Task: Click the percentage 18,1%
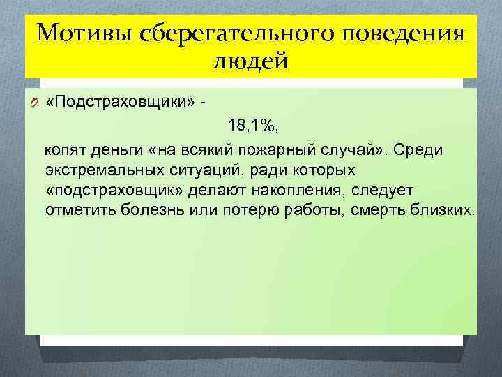(250, 126)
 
